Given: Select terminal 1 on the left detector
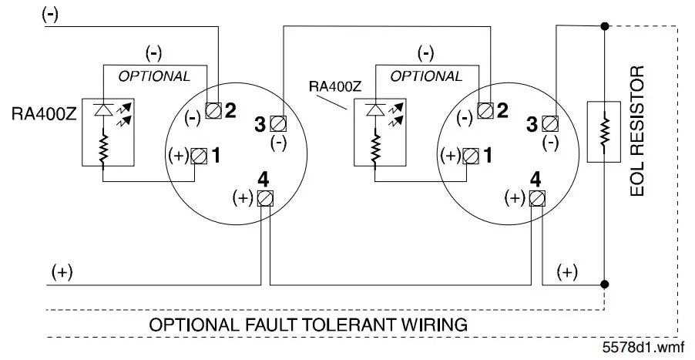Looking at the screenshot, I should coord(199,155).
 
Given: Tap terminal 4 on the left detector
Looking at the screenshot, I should coord(264,197).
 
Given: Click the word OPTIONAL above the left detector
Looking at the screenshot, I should coord(153,76).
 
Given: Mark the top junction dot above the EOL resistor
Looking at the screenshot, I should coord(604,26).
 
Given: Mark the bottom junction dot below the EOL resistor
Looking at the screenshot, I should coord(604,285).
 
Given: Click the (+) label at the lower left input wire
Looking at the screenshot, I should coord(62,271).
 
